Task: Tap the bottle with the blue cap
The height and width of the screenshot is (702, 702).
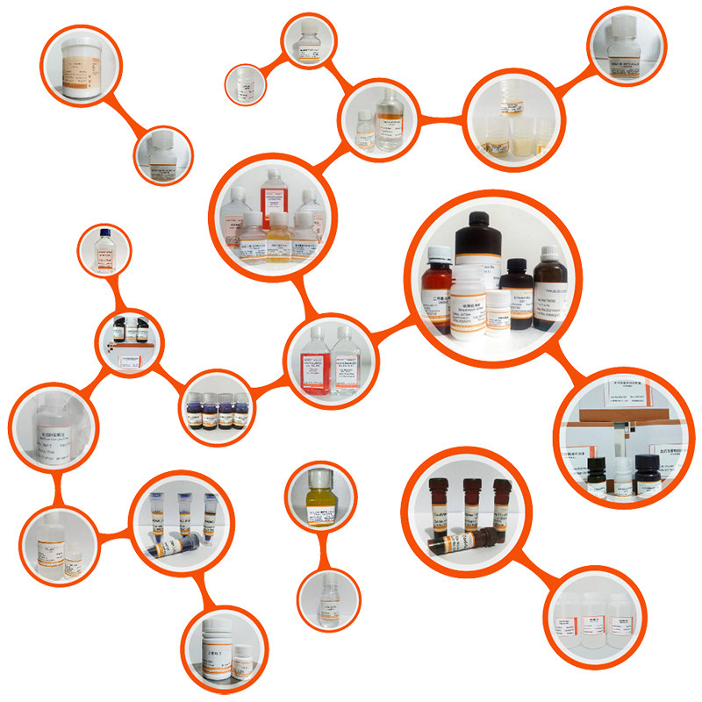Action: tap(104, 252)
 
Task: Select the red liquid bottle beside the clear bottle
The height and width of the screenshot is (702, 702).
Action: tap(314, 360)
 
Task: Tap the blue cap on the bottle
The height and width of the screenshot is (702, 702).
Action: tap(104, 235)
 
